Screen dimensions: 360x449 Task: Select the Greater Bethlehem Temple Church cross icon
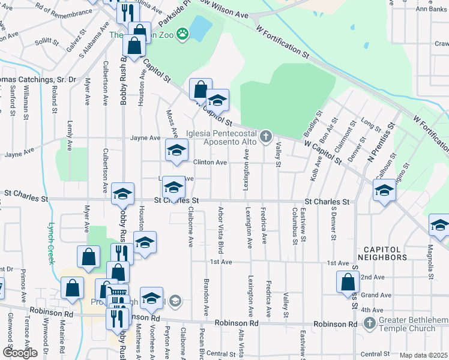[x=370, y=324]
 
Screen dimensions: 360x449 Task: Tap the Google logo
[x=20, y=353]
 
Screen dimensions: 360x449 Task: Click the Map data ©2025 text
[x=423, y=355]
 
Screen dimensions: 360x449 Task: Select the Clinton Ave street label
[x=209, y=163]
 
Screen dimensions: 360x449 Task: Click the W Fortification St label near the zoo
[x=282, y=41]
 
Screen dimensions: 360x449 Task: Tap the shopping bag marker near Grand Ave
[x=348, y=283]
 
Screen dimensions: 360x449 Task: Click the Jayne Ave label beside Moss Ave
[x=145, y=138]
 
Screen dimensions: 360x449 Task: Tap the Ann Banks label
[x=430, y=9]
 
